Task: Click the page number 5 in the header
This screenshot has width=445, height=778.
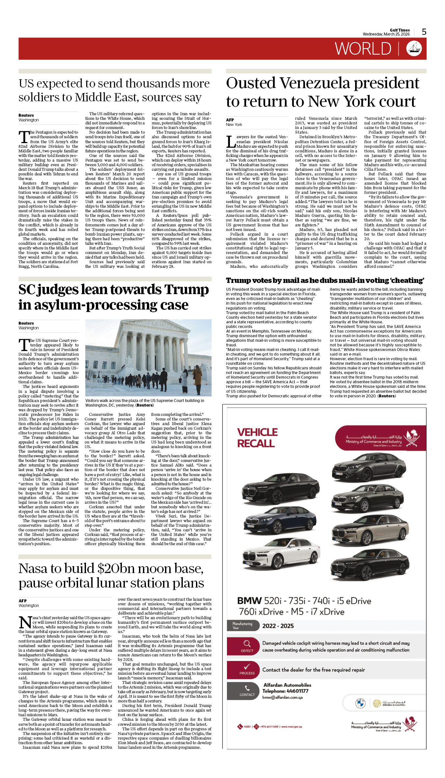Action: [x=424, y=32]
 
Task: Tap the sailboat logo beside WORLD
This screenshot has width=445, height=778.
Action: [x=414, y=49]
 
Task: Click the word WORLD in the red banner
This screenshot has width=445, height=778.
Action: [x=363, y=49]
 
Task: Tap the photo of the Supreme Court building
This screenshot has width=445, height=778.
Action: [x=148, y=357]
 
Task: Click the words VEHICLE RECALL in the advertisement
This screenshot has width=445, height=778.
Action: [x=257, y=438]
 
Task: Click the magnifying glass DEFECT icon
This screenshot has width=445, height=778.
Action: [x=247, y=646]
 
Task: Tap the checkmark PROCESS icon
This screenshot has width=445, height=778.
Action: [x=247, y=669]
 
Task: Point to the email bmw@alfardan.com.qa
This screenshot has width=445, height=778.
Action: [x=282, y=697]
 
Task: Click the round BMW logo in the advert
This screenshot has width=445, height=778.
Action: [x=360, y=703]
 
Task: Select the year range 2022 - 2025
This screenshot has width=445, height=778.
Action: [x=278, y=626]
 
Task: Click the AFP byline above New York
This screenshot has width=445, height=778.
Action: [x=230, y=120]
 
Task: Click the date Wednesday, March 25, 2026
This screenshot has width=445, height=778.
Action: [x=386, y=34]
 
